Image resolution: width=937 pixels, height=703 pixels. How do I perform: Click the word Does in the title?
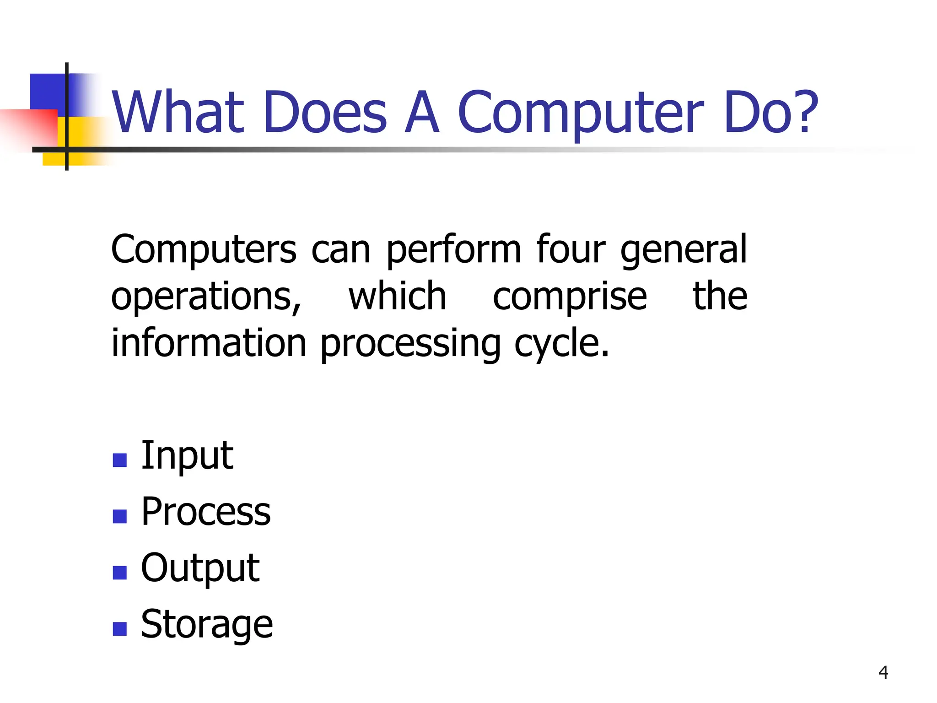click(325, 113)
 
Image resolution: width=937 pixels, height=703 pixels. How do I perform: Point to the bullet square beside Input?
click(119, 460)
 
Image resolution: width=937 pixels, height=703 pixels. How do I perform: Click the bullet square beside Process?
click(119, 516)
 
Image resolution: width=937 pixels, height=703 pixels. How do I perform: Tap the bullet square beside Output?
click(119, 573)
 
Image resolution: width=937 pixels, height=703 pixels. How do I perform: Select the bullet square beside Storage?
click(119, 629)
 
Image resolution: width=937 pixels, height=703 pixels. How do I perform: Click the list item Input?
click(187, 456)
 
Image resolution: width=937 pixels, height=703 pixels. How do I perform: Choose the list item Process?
click(206, 512)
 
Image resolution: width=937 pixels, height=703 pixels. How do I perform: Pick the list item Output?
click(200, 568)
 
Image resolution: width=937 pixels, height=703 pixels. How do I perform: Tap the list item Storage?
click(207, 624)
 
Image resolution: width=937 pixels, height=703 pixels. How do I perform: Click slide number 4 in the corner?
click(883, 673)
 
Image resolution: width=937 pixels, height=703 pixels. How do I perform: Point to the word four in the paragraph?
click(571, 249)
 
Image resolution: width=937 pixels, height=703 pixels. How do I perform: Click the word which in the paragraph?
click(397, 297)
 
